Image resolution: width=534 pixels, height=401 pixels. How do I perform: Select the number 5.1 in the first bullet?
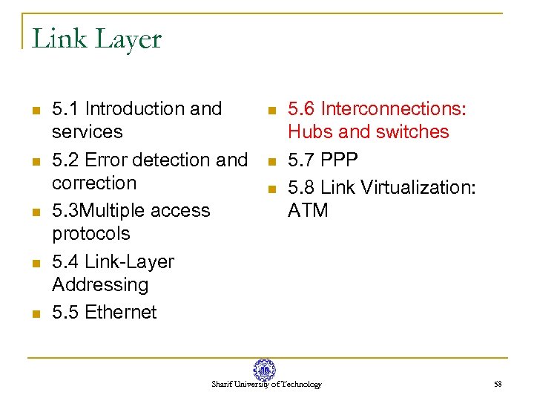65,109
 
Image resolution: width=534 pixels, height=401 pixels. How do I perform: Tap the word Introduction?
135,109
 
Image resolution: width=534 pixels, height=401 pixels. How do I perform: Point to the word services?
87,132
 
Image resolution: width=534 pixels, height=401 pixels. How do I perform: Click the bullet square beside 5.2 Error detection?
34,161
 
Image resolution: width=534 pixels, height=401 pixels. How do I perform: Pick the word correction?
94,183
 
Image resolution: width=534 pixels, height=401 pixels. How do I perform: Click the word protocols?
90,234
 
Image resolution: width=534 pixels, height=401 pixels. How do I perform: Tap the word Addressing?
100,285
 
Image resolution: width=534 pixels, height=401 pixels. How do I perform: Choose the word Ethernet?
121,313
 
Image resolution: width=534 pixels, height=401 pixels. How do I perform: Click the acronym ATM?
308,211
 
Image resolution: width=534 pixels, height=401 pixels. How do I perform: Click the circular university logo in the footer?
264,370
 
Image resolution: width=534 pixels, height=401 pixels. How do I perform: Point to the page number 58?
498,385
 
